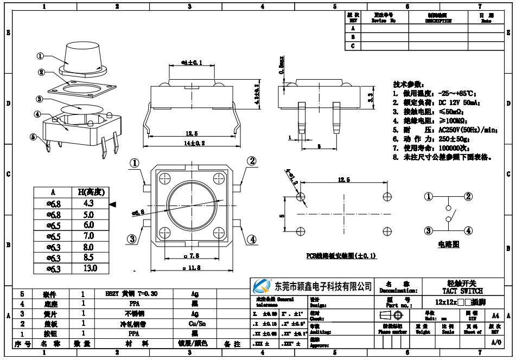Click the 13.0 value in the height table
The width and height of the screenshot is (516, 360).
[90, 268]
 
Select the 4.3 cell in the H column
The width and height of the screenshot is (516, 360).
[89, 203]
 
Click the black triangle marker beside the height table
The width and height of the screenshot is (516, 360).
[113, 204]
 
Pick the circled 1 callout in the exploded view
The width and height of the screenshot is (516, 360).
[41, 56]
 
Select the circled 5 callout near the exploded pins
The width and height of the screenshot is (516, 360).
[33, 137]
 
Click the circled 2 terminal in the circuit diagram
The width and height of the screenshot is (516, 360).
[468, 197]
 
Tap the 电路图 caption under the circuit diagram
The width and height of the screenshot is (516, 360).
[448, 245]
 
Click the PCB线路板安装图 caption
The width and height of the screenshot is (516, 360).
[341, 255]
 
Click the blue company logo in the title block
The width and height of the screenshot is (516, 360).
[262, 286]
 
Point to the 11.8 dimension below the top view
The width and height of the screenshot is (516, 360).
[193, 267]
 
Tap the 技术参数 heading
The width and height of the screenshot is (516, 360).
[408, 85]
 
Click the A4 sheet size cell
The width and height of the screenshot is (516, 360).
[495, 315]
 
